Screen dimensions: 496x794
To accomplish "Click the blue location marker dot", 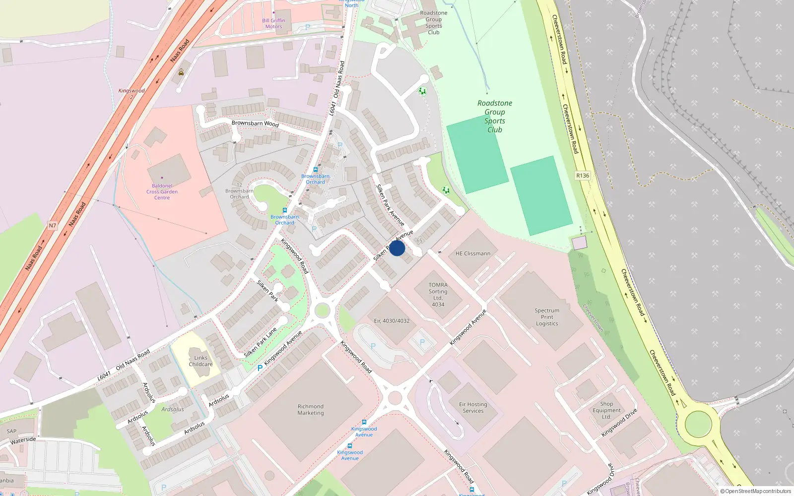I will pos(397,248).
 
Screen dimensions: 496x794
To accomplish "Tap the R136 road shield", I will pos(583,176).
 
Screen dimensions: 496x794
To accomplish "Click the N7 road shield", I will pos(53,226).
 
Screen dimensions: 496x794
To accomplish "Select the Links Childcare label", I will pos(200,361).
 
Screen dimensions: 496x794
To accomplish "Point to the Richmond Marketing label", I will pos(311,410).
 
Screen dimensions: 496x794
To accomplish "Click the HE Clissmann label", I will pos(473,253).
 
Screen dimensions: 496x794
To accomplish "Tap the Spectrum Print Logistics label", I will pos(547,317).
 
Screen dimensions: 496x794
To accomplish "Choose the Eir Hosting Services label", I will pos(473,408).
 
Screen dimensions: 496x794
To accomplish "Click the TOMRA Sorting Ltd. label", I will pos(438,295).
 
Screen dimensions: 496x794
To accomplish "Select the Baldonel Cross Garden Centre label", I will pos(162,191).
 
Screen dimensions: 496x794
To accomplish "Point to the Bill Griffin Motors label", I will pos(273,23).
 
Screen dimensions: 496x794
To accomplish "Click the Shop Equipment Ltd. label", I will pos(606,410).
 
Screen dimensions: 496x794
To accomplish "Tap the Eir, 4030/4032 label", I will pos(392,321).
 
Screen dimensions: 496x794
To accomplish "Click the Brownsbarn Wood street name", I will pos(255,123).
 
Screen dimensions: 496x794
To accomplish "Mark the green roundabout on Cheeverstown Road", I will pos(698,424).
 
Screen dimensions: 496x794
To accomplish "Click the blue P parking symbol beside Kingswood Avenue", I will pos(260,368).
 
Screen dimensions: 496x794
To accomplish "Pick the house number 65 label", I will pos(419,241).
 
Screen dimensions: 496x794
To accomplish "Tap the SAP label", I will pos(11,431).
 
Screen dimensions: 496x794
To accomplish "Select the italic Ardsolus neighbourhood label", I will pos(173,409).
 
